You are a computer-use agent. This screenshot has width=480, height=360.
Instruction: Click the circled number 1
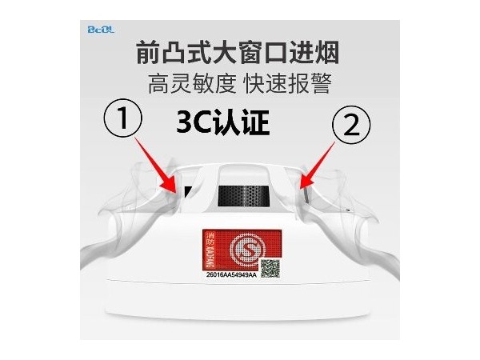point(122,122)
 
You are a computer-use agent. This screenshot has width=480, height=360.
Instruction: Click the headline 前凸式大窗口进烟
point(238,54)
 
